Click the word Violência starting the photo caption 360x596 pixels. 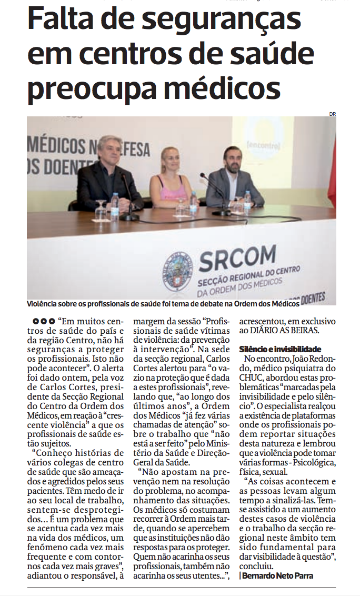[x=44, y=304]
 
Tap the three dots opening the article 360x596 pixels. [x=44, y=321]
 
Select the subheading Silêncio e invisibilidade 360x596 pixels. [x=280, y=349]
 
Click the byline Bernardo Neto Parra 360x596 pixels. [x=277, y=575]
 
